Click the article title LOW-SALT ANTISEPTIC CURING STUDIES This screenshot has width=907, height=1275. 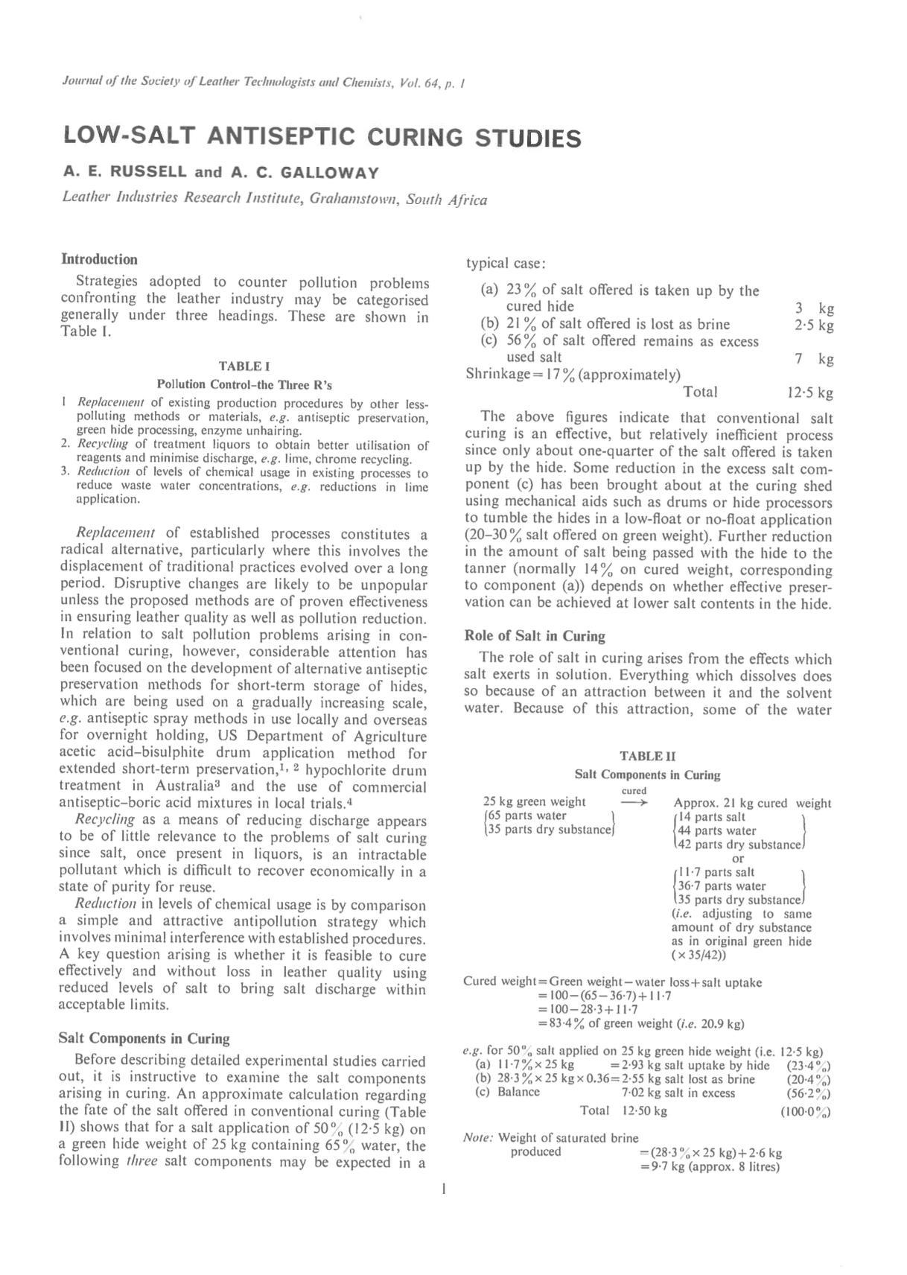coord(322,138)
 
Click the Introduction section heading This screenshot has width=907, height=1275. coord(99,259)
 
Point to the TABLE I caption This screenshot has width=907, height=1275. coord(244,366)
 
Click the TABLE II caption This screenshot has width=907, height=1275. coord(647,756)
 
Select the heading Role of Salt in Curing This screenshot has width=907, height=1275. coord(534,636)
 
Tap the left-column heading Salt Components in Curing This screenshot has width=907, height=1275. coord(144,1038)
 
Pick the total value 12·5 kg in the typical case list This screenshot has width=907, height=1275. coord(809,392)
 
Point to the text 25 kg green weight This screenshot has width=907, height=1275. coord(534,802)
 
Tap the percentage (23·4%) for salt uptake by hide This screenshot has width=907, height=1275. coord(808,1066)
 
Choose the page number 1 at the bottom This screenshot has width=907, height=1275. coord(444,1189)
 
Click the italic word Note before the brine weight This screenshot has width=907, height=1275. coord(477,1137)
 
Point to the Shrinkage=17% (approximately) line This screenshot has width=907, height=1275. coord(572,375)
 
